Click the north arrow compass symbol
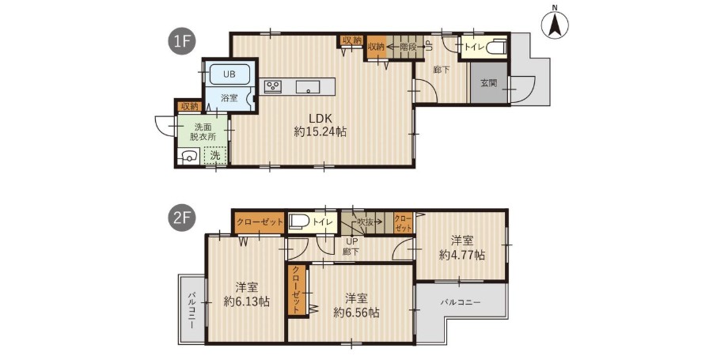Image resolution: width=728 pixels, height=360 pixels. pyautogui.click(x=555, y=25)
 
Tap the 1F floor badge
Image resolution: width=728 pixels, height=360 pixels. pyautogui.click(x=181, y=42)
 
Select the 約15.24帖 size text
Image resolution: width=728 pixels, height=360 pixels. pyautogui.click(x=320, y=132)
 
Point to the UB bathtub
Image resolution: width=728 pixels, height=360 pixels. pyautogui.click(x=229, y=74)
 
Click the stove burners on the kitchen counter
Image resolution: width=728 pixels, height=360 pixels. pyautogui.click(x=273, y=86)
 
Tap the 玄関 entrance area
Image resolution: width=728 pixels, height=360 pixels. pyautogui.click(x=489, y=83)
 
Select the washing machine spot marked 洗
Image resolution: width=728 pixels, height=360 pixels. pyautogui.click(x=216, y=157)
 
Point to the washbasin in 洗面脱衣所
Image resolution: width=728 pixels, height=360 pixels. pyautogui.click(x=189, y=157)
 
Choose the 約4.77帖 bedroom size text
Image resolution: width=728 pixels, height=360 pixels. pyautogui.click(x=462, y=255)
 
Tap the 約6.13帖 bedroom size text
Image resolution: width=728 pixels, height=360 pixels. pyautogui.click(x=247, y=301)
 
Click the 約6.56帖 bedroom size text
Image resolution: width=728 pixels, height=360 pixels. pyautogui.click(x=356, y=313)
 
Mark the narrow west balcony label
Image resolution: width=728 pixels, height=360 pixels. pyautogui.click(x=191, y=309)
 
